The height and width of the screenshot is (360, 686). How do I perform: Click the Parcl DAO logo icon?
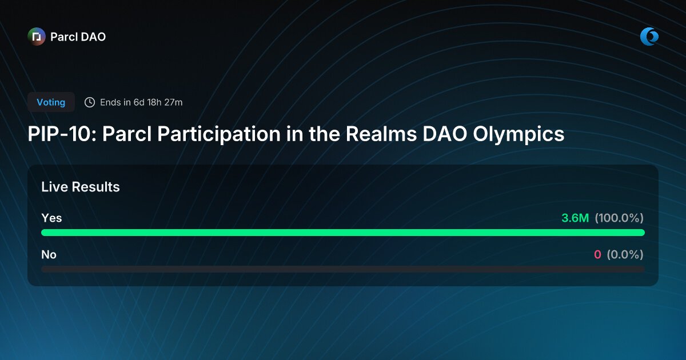[37, 37]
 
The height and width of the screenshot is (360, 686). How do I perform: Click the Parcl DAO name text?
[78, 37]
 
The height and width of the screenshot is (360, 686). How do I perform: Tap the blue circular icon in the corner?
[649, 37]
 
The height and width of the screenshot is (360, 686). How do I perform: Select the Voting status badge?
[51, 102]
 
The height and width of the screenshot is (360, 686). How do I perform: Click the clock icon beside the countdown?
[90, 102]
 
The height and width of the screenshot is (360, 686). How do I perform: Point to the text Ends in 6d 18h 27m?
[141, 102]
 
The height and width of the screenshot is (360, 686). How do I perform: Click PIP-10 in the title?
[60, 134]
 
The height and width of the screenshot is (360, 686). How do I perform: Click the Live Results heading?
[81, 187]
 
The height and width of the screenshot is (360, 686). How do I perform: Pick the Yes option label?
[51, 218]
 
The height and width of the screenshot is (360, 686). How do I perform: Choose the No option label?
[49, 254]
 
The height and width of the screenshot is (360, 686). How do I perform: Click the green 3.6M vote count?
[575, 218]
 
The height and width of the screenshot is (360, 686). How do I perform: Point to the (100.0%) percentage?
[619, 218]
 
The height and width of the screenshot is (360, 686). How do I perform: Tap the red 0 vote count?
[597, 254]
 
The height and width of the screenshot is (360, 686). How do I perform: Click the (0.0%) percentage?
[625, 254]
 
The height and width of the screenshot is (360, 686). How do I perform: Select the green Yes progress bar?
[343, 233]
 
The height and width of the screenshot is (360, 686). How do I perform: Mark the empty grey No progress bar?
[343, 269]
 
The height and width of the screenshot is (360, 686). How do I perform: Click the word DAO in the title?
[442, 134]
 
